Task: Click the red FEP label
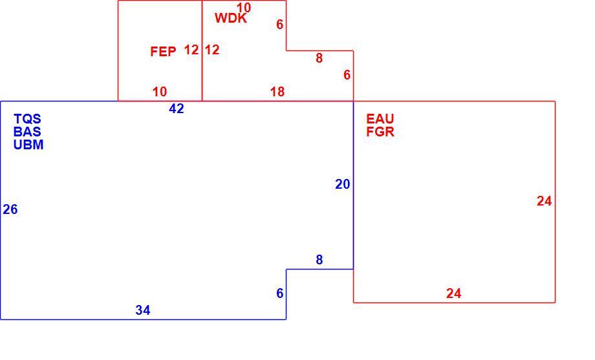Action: coord(163,52)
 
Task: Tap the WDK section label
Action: coord(231,18)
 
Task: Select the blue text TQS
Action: coord(27,119)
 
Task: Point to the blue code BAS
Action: coord(27,132)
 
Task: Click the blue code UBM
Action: coord(28,145)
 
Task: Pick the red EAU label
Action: coord(380,119)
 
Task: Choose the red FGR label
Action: coord(380,132)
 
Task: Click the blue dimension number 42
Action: coord(177,109)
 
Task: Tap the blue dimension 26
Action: coord(10,209)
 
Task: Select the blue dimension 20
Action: coord(343,184)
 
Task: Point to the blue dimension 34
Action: coord(143,310)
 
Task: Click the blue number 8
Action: coord(319,260)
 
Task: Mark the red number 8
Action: coord(319,58)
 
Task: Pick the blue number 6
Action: coord(280,293)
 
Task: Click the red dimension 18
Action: coord(277,92)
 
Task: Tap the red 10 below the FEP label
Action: coord(160,92)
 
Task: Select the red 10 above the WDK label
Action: coord(244,8)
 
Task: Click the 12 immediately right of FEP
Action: coord(191,50)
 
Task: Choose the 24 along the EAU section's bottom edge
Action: coord(454,293)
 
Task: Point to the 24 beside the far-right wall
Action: coord(545,201)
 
